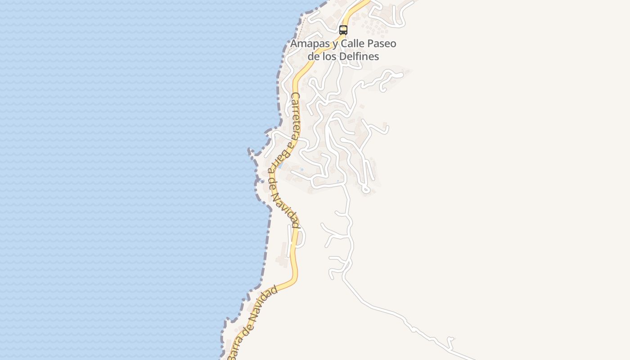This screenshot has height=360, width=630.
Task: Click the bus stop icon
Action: [x=343, y=30]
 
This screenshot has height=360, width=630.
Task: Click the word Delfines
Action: [x=360, y=57]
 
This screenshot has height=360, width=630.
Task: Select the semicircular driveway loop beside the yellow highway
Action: [x=301, y=237]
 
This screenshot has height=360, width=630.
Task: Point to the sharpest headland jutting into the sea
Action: [x=250, y=152]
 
